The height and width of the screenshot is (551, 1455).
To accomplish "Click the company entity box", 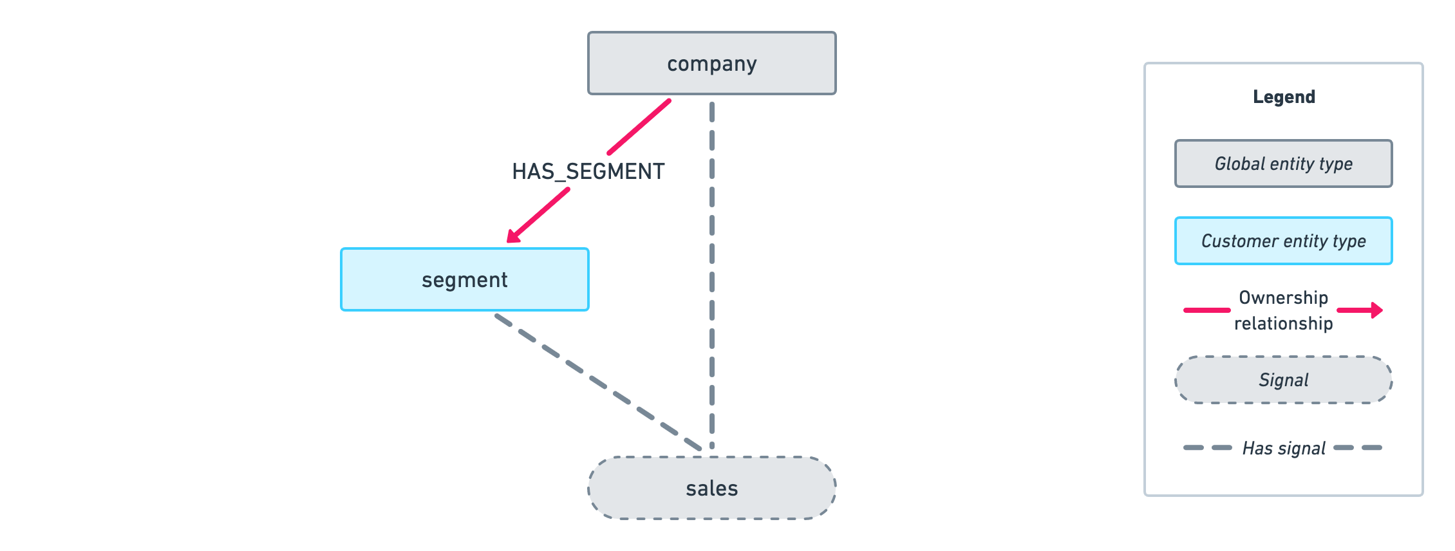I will [x=711, y=63].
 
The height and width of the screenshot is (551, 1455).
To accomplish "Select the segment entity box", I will [x=464, y=279].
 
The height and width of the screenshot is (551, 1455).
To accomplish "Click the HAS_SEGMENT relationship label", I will [x=588, y=171].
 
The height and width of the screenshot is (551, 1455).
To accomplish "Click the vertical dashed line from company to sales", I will [x=711, y=270].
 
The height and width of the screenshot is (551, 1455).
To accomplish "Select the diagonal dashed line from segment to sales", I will [x=599, y=382].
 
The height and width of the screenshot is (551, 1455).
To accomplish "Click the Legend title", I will [x=1284, y=97].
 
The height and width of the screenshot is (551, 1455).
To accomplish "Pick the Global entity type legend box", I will [x=1283, y=163].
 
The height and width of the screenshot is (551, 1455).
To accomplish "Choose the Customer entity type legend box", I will [x=1283, y=241].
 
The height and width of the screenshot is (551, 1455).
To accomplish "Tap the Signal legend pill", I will [x=1283, y=380].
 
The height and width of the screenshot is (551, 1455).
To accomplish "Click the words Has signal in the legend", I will [x=1283, y=448].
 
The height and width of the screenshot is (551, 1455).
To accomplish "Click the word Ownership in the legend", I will [x=1283, y=297].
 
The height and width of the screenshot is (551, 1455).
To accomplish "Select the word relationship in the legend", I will [x=1283, y=323].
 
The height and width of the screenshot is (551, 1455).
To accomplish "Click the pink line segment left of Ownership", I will [x=1206, y=310].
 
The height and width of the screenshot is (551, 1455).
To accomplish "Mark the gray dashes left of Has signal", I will [x=1207, y=447].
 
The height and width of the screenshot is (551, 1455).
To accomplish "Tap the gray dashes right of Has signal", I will [x=1358, y=447].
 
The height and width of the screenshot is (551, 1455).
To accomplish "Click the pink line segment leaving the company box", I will [x=639, y=127].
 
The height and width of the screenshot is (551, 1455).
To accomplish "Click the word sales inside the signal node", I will [x=711, y=489].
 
